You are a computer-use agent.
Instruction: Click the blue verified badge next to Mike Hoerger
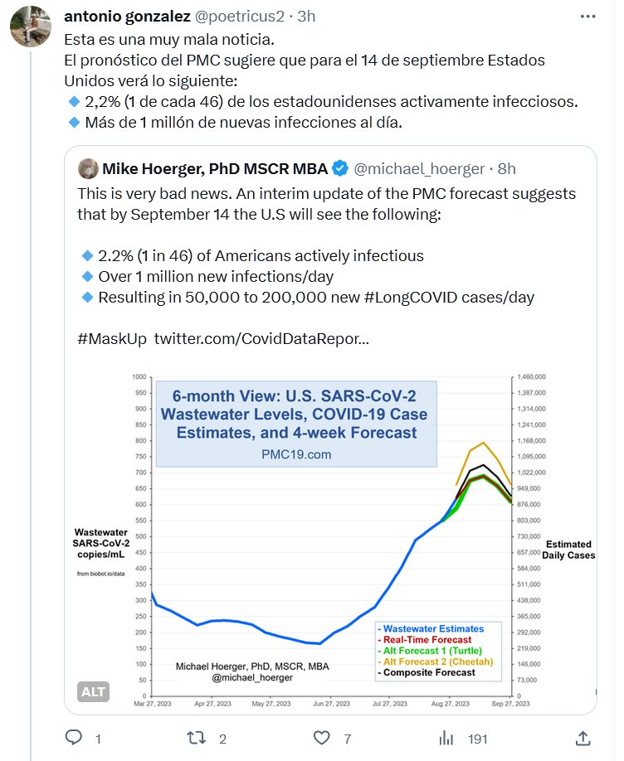click(340, 169)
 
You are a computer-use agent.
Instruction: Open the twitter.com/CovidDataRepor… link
click(262, 339)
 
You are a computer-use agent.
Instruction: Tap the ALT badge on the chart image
click(94, 691)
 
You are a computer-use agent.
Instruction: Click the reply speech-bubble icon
click(74, 738)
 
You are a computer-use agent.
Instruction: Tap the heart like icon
click(323, 738)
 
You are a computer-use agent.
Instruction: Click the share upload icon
click(583, 738)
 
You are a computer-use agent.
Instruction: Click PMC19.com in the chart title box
click(295, 454)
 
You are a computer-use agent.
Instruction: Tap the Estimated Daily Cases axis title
click(568, 550)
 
